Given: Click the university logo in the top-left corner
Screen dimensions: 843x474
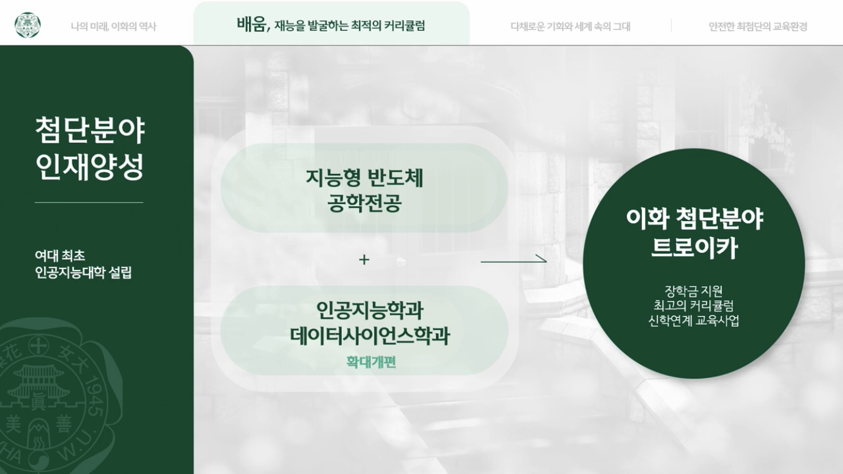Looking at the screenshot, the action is point(27,26).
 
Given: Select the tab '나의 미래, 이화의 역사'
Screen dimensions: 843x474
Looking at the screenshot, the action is point(113,27).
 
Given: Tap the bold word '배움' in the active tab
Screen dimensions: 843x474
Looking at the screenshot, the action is point(252,24).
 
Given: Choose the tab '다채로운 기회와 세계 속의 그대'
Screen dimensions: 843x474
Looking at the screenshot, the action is point(570,27).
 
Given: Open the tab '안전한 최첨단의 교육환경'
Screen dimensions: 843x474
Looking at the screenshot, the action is point(758,27).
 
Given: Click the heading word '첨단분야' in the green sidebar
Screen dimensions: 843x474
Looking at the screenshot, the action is point(90,130).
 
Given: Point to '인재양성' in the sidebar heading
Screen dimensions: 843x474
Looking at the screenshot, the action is point(90,166).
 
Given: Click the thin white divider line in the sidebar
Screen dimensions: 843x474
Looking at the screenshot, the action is point(89,202).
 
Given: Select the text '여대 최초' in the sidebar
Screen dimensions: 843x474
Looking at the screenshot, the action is point(60,255).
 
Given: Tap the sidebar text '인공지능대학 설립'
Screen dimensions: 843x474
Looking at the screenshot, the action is point(83,272).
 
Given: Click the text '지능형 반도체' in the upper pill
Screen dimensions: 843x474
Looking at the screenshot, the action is point(364,178).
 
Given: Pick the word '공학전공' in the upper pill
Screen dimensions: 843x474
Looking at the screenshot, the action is point(364,204).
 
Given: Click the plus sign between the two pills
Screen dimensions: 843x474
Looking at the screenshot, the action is point(364,259).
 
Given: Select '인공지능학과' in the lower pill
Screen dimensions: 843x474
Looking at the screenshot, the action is point(370,310).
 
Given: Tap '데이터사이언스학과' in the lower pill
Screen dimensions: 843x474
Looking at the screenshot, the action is point(370,336).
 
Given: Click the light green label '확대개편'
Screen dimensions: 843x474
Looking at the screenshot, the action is point(371,362).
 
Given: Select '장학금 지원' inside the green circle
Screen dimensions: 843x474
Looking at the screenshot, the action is point(694,291).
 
